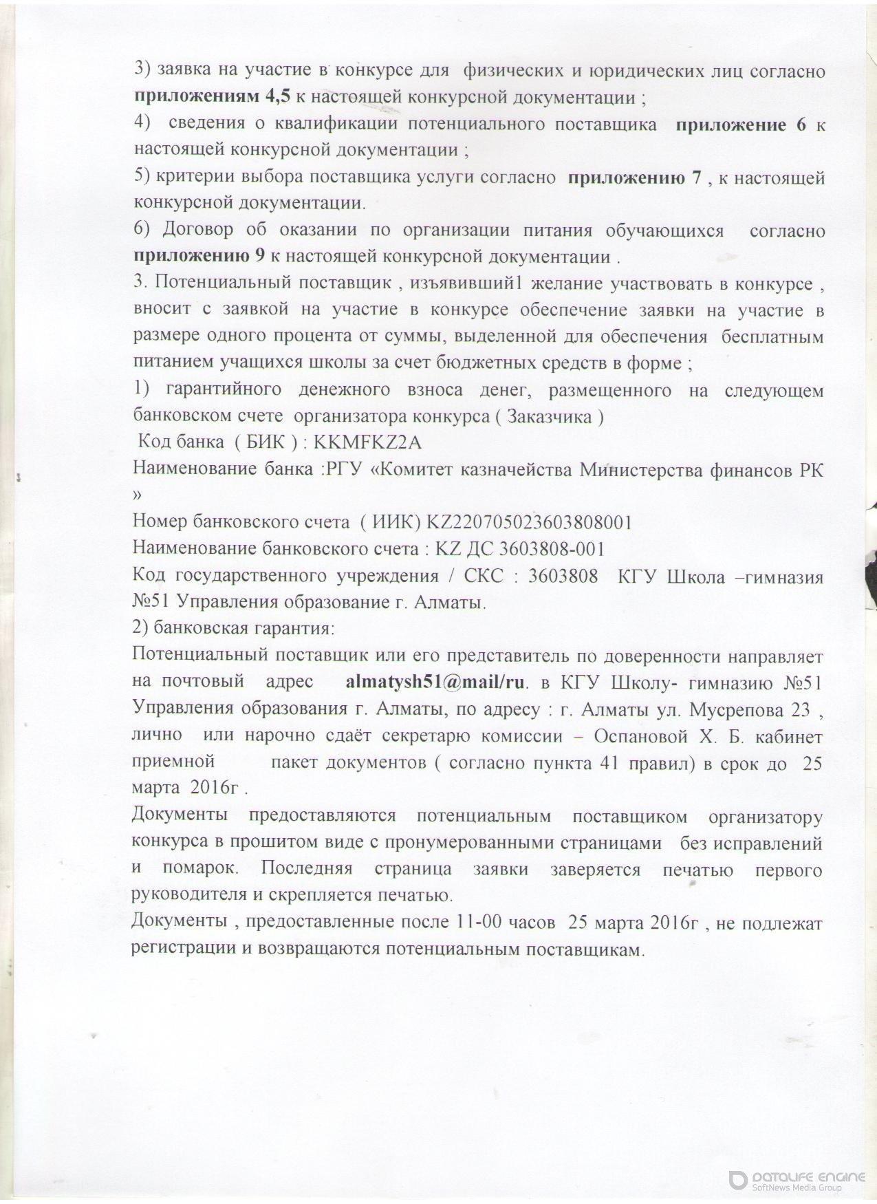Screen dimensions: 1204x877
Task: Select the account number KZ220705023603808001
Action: pyautogui.click(x=530, y=523)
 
